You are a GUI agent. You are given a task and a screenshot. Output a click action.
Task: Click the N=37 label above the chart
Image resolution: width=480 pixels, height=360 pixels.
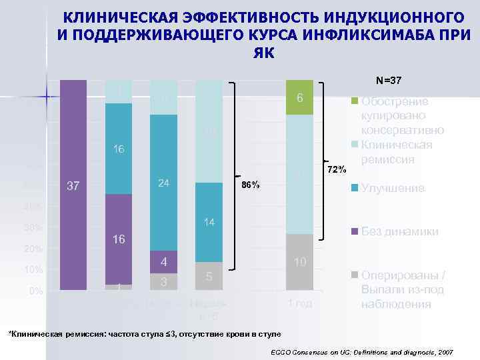(389, 81)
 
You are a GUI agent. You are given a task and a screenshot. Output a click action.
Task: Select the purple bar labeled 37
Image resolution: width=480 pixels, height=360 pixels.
(73, 185)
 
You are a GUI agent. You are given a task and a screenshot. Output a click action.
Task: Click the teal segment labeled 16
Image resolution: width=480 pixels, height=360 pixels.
(119, 149)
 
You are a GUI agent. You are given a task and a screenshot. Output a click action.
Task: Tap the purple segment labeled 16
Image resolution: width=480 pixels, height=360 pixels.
(119, 239)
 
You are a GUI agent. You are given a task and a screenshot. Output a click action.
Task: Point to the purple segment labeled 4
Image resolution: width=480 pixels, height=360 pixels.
(163, 261)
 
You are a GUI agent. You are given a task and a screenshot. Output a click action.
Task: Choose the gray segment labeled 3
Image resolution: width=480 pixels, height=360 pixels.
(163, 281)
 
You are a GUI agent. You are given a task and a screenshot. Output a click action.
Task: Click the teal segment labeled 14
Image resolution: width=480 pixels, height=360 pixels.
(209, 221)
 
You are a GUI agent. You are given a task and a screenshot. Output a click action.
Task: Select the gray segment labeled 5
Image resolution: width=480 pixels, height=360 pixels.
(209, 275)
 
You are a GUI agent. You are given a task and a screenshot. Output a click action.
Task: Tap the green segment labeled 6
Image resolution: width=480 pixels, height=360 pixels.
(300, 97)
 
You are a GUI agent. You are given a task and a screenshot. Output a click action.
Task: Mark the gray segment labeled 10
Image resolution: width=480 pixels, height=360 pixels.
(300, 262)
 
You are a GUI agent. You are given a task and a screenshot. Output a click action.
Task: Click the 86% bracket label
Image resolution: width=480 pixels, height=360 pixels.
(251, 185)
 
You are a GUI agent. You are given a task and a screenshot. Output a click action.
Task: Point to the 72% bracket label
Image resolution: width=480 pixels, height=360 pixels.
(337, 171)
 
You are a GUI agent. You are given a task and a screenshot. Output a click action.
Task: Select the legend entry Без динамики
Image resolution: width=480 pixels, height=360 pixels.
(399, 232)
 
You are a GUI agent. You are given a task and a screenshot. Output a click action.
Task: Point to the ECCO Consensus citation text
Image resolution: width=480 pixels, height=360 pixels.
(363, 351)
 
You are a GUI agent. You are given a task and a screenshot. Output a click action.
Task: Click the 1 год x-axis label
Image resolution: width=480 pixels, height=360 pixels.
(300, 304)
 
